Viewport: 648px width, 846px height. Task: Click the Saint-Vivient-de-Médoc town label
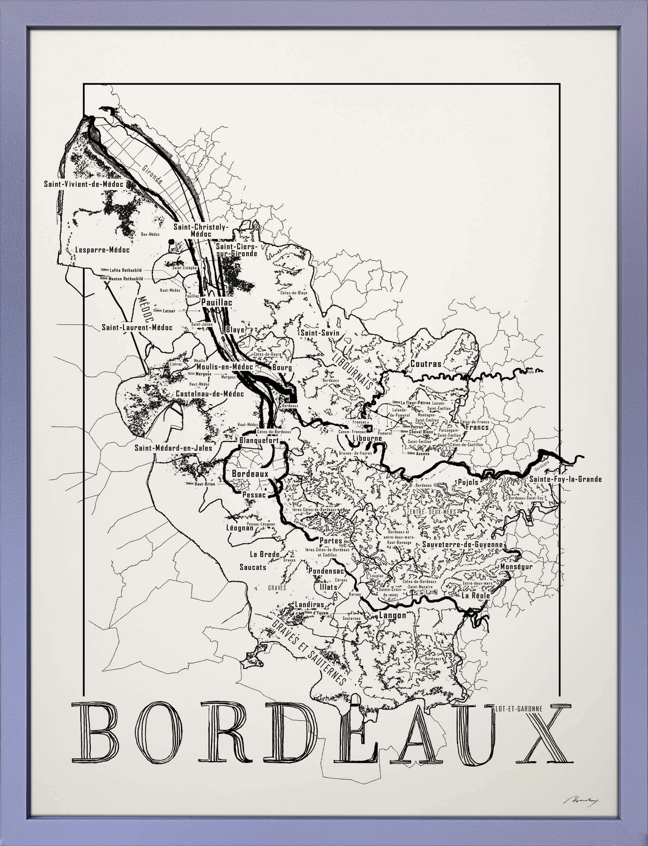[83, 184]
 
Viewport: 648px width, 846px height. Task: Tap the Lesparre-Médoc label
[102, 250]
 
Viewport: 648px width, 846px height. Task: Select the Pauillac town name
[216, 302]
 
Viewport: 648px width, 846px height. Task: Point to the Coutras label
[426, 364]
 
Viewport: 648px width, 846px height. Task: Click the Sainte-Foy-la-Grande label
[565, 479]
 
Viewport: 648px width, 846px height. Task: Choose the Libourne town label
[367, 438]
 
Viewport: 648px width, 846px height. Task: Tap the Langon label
[392, 615]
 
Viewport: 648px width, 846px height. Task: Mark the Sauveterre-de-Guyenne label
[462, 545]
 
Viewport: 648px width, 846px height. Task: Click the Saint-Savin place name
[320, 333]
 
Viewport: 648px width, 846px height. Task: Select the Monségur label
[516, 567]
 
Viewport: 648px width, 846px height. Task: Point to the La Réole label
[476, 596]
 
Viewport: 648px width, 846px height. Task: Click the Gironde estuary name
[152, 174]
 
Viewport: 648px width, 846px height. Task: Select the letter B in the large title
[96, 733]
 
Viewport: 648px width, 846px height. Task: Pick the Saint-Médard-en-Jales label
[173, 448]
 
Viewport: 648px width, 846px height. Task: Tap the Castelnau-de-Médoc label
[210, 394]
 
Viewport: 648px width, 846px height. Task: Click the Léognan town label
[240, 528]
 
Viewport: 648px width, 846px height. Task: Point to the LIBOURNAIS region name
[353, 371]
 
